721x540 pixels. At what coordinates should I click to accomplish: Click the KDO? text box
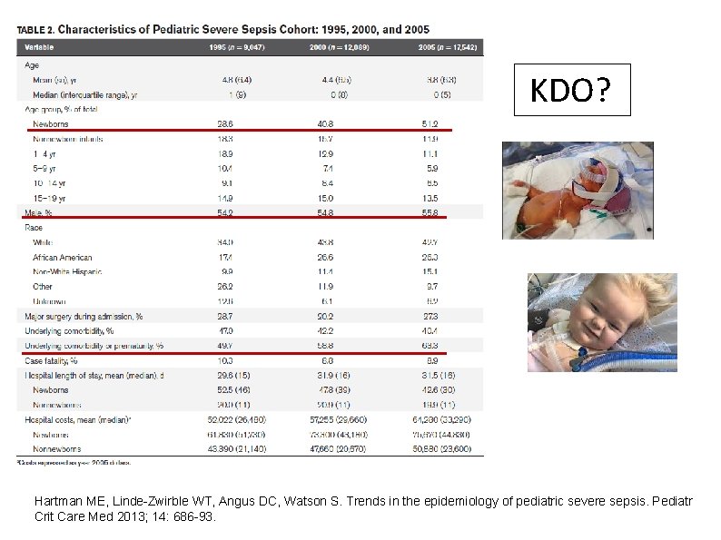(x=571, y=90)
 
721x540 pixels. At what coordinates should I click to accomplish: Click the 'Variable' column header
(x=39, y=46)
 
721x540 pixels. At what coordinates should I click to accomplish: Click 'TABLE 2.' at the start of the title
(x=38, y=30)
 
